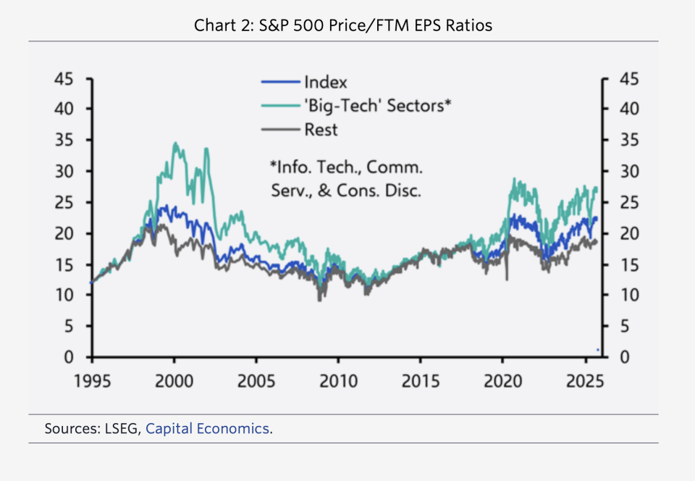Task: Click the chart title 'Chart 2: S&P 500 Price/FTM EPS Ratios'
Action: [x=343, y=26]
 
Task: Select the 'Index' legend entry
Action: [x=325, y=82]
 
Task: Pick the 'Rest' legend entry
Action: [x=321, y=130]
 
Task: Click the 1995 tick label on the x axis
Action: [x=92, y=381]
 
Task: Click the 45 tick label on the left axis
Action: [x=63, y=78]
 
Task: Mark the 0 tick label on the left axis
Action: [x=69, y=357]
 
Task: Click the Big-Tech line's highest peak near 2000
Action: [x=175, y=143]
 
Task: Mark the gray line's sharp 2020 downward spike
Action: [x=507, y=279]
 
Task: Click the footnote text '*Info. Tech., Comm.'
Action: [x=345, y=167]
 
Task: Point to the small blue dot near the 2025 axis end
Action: [x=597, y=350]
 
